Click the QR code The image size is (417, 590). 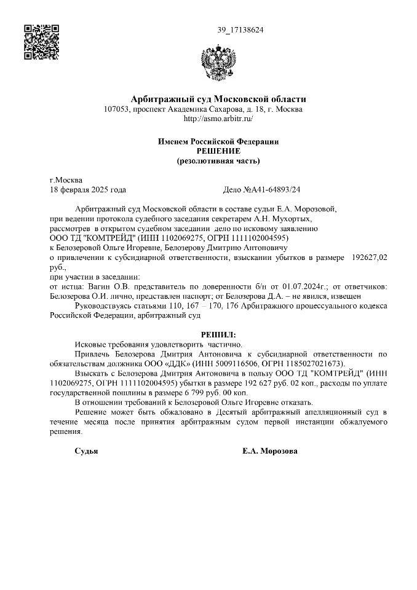tap(41, 42)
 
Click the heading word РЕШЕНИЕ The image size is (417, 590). tap(218, 151)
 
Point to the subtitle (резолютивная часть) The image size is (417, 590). tap(218, 161)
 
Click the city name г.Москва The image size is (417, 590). tap(66, 181)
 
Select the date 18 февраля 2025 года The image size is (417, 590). tap(88, 190)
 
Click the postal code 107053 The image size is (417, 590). tap(117, 109)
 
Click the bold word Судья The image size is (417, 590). tap(86, 450)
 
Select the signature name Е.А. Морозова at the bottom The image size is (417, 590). tap(270, 450)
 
